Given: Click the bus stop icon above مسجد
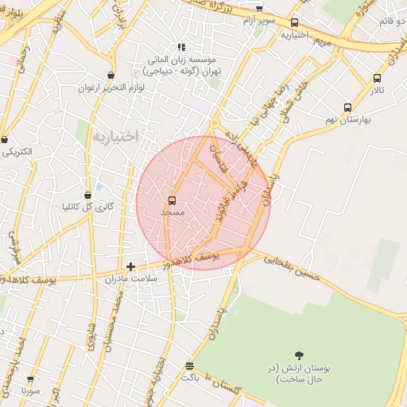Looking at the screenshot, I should click(x=172, y=200).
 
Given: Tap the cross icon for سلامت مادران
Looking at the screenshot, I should click(x=131, y=267).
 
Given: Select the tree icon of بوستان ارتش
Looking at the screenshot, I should click(x=299, y=355).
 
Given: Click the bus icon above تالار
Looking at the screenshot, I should click(x=377, y=78).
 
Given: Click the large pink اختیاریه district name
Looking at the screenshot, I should click(x=115, y=136).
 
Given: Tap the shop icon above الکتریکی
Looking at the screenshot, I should click(x=6, y=138).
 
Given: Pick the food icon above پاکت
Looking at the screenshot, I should click(x=189, y=366).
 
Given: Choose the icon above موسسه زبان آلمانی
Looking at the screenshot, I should click(x=181, y=48).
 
